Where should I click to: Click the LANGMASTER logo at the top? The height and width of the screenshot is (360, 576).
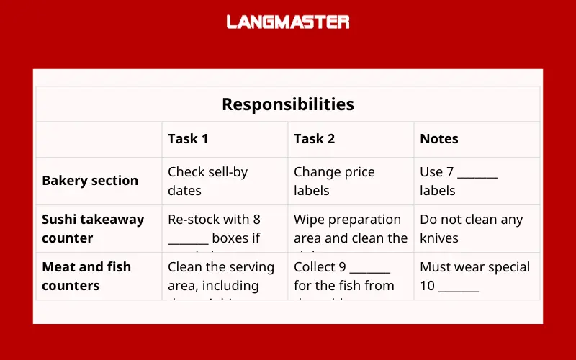point(288,22)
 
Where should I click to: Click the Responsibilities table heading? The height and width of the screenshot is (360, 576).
point(288,104)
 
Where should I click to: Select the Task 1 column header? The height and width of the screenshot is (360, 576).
point(188,139)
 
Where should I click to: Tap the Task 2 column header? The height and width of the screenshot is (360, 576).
point(314,139)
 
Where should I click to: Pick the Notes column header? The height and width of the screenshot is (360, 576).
point(439,139)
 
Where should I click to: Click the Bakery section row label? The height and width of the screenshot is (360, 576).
point(90,181)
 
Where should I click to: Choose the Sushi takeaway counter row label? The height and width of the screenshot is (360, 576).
point(93,228)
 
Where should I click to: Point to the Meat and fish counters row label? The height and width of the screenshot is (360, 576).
point(86,276)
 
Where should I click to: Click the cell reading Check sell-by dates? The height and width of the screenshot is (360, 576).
point(207,181)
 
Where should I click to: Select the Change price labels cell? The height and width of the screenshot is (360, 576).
point(334,181)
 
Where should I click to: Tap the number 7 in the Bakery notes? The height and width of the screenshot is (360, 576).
point(449,172)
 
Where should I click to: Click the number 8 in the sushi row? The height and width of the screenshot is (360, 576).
point(256,220)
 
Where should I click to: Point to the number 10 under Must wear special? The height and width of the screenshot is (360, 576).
point(427,286)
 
